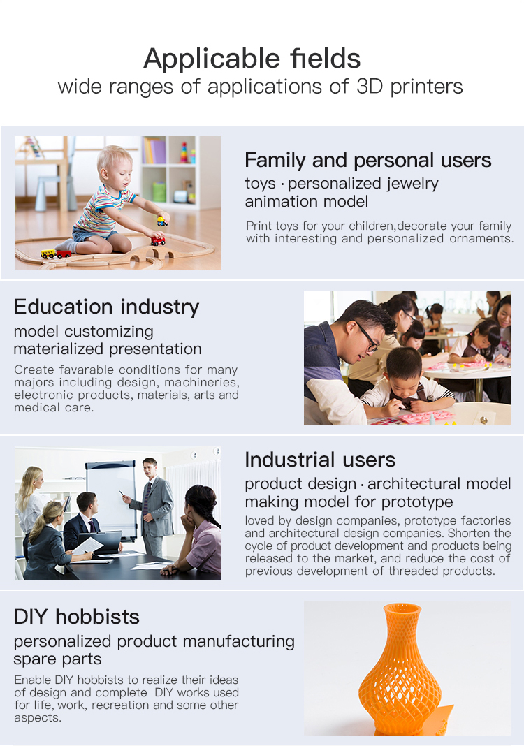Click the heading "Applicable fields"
252,59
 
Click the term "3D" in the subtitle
370,87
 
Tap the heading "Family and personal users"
368,161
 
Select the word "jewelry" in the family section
412,184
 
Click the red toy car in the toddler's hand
158,241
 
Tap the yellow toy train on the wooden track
48,254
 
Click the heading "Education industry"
107,307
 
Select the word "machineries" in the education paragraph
201,383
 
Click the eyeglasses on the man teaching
367,336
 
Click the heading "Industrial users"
320,460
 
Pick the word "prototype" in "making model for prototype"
417,502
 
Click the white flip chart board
111,499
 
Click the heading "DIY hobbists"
77,617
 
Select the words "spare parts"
57,659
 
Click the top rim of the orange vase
402,608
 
